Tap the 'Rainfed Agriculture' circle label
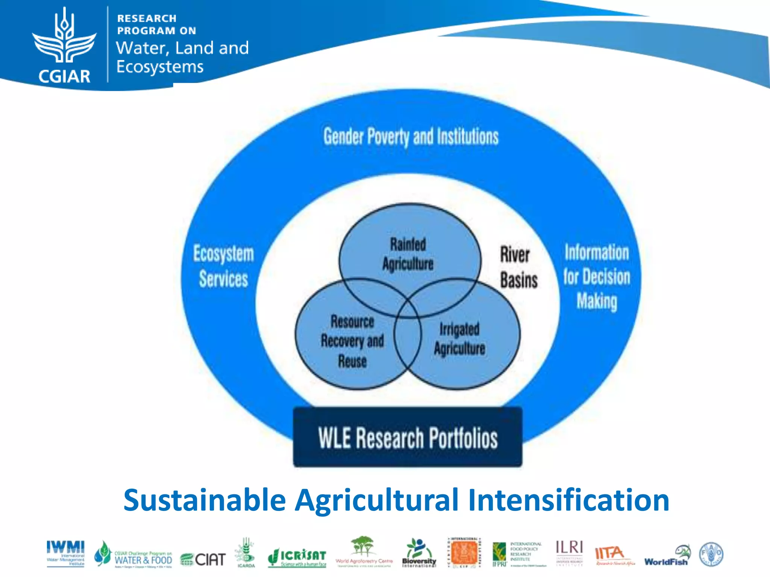pos(408,254)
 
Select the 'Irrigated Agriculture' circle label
pos(459,339)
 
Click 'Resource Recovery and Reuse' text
pos(352,341)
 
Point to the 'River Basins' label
pos(518,267)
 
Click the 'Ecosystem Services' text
pos(223,266)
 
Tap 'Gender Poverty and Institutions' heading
pos(411,136)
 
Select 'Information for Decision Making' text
pos(597,277)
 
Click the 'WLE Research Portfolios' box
pos(408,438)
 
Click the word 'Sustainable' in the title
pos(205,500)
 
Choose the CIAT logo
pos(203,559)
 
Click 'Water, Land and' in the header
pos(182,48)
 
